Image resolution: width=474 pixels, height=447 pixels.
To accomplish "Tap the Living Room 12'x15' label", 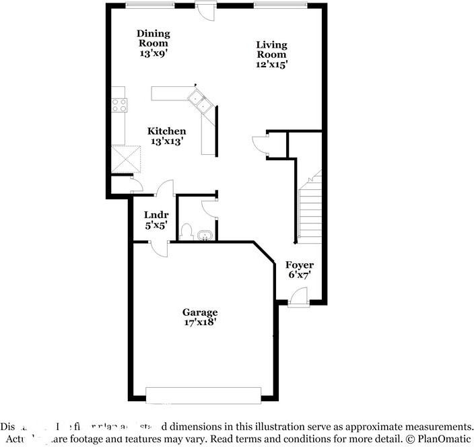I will coord(271,55).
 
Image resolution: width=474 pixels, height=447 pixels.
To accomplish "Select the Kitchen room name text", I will coord(167,131).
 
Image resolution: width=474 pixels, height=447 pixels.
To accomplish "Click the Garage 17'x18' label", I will coord(200,317).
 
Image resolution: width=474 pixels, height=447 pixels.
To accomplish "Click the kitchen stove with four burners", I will coord(120,104).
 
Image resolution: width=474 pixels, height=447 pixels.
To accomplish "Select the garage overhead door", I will coord(203,395).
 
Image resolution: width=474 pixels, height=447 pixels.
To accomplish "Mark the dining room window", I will coord(149,6).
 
